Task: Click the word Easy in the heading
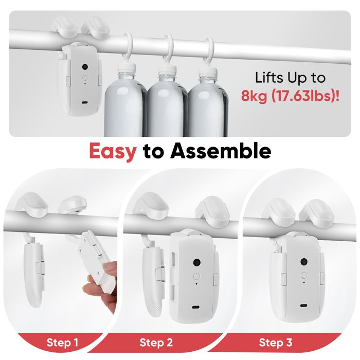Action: coord(113,152)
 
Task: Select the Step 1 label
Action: coord(62,343)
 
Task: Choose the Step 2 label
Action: coord(156,343)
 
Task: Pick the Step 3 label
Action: coord(276,343)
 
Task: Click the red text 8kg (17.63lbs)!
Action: coord(290,96)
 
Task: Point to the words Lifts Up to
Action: coord(290,78)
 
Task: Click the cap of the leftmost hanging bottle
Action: coord(126,67)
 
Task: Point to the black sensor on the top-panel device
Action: coord(85,67)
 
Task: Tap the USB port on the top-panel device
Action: coord(85,102)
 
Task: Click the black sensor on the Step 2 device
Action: coord(197,262)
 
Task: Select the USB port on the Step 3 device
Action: coord(304,305)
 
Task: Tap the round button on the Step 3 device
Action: coord(304,275)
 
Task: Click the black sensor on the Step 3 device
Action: coord(304,261)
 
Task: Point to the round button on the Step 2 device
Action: coord(196,276)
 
